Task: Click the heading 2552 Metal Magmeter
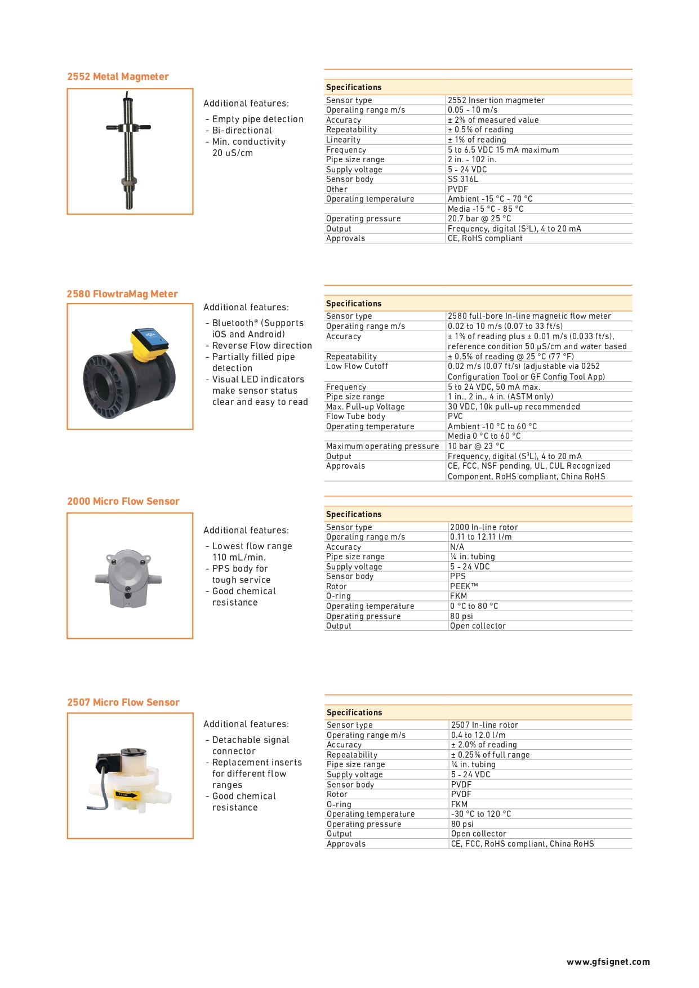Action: coord(118,77)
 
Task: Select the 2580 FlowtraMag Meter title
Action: coord(122,294)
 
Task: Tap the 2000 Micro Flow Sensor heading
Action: coord(123,501)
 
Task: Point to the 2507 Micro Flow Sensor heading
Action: coord(123,702)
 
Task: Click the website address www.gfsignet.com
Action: coord(608,962)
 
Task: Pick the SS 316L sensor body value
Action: coord(463,179)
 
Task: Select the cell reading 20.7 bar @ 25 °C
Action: coord(479,219)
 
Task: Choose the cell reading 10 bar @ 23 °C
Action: coord(476,446)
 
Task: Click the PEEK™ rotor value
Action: coord(464,586)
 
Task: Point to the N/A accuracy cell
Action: coord(457,547)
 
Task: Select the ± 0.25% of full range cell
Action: coord(490,755)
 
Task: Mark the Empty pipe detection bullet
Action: coord(257,119)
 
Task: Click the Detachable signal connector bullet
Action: coord(251,745)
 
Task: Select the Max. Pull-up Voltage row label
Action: coord(365,407)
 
